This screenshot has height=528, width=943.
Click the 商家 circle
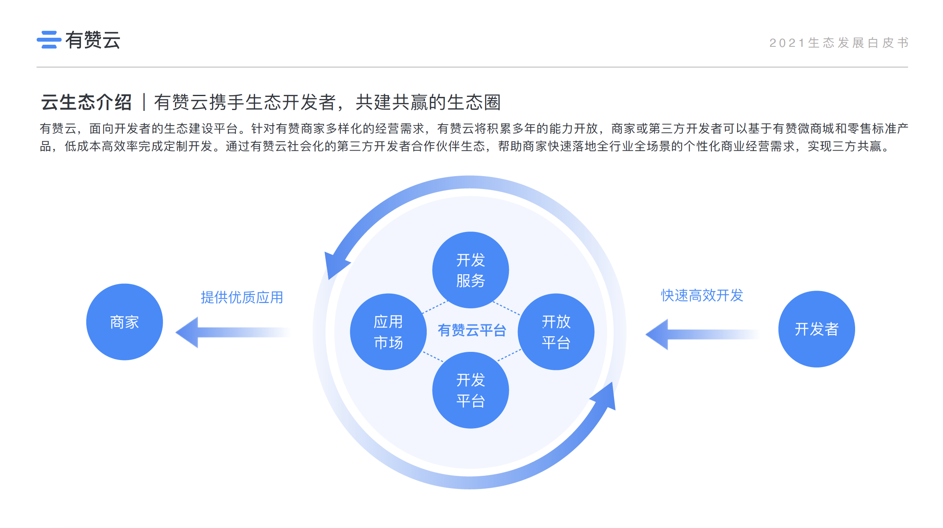[124, 322]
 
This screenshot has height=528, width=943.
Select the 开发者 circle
[816, 329]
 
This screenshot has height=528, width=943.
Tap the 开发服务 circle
[471, 270]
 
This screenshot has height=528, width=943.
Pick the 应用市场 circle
[388, 332]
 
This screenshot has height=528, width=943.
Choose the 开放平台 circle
[556, 332]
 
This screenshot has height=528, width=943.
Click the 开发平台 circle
[471, 390]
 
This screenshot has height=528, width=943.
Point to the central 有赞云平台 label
[472, 330]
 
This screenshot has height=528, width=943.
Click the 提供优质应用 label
[242, 297]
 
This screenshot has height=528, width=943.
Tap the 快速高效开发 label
[702, 295]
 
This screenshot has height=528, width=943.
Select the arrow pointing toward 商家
[230, 332]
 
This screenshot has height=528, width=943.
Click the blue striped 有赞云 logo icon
[49, 40]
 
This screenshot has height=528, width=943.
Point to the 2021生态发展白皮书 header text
[839, 43]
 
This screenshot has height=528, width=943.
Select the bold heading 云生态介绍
[86, 102]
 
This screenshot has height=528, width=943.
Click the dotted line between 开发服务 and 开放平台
[506, 308]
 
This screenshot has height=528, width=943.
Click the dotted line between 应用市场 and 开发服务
[435, 307]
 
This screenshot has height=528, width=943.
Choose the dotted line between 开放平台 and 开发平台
[509, 355]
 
